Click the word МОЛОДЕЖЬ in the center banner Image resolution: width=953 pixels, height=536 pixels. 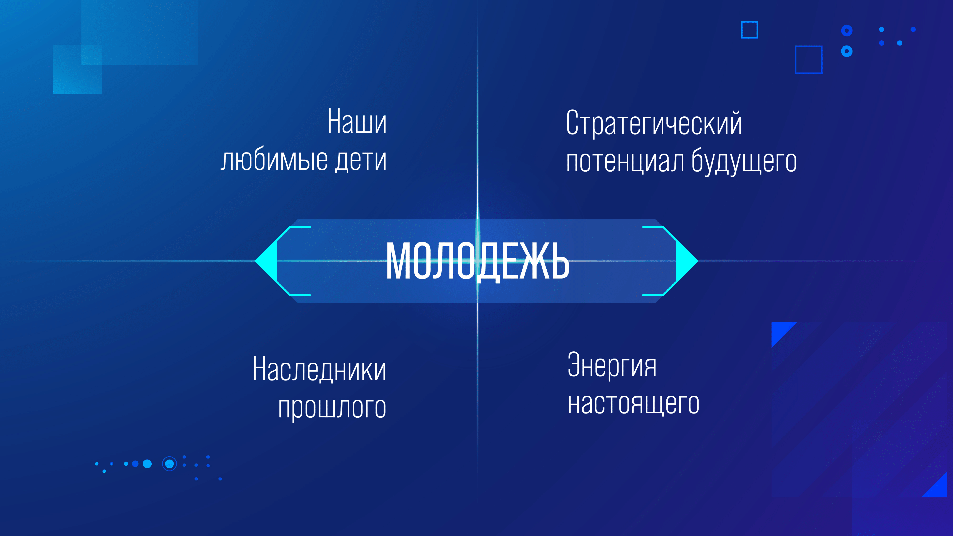click(477, 261)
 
